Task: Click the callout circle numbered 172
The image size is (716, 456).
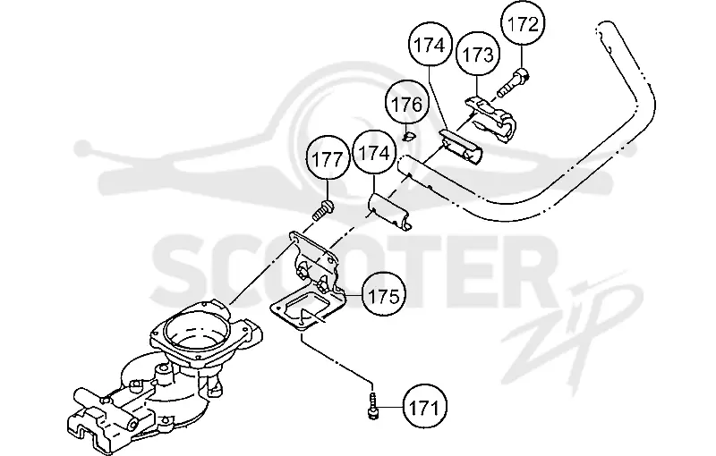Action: click(523, 24)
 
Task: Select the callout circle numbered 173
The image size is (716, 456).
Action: click(478, 55)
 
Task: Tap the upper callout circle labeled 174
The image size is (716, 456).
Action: click(429, 46)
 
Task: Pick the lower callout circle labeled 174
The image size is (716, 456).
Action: click(374, 153)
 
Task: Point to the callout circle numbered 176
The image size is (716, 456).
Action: click(407, 105)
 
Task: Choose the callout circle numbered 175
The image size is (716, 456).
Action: click(383, 296)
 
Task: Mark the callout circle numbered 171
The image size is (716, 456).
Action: click(424, 407)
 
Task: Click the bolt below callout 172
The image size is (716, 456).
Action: click(513, 82)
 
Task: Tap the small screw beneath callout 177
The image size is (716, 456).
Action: click(323, 209)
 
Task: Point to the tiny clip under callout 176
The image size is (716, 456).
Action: click(409, 136)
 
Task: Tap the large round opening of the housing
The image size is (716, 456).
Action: click(195, 327)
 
